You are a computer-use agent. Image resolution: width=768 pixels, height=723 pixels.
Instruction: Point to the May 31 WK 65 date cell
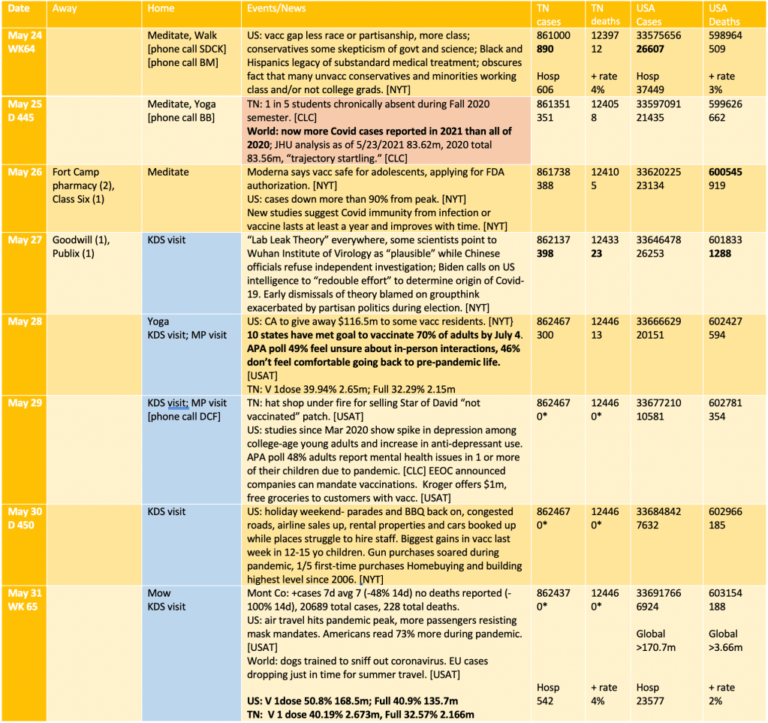click(26, 600)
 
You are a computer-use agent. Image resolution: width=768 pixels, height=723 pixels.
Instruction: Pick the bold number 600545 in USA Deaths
click(726, 172)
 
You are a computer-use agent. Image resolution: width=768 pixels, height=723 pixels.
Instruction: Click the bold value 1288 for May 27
click(721, 254)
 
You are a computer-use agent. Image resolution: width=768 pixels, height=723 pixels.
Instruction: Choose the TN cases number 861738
click(553, 172)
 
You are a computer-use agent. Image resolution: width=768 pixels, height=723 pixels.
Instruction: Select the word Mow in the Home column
click(159, 593)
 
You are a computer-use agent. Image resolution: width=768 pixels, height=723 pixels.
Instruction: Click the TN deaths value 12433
click(606, 240)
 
